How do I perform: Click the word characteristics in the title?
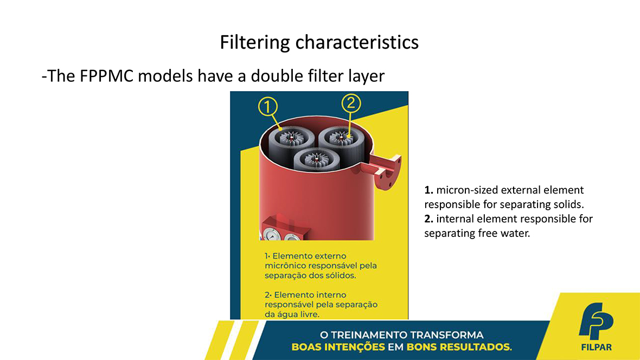point(357,42)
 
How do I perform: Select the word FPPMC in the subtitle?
point(106,76)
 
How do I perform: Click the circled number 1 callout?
point(268,106)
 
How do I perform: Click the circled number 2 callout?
point(351,103)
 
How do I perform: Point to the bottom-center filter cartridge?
point(316,159)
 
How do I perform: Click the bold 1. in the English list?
point(428,190)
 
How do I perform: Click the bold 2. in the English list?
point(428,219)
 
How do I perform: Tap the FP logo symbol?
point(596,321)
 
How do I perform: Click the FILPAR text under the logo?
point(596,348)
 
